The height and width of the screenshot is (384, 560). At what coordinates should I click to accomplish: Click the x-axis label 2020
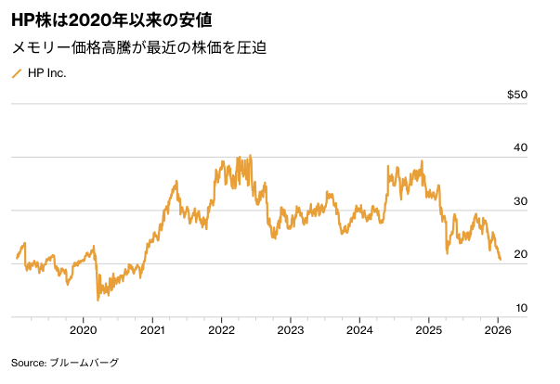(x=84, y=329)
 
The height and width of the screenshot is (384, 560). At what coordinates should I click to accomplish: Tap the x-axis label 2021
(x=152, y=329)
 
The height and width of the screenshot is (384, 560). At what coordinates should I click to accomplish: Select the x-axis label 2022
(x=221, y=329)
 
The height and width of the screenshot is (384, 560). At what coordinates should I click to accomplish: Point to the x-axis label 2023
(x=291, y=329)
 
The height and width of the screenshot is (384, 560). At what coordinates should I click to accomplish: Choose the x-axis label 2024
(x=359, y=329)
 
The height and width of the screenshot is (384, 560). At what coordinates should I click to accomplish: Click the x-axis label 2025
(x=428, y=329)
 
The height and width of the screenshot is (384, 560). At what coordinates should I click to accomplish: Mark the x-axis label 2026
(x=498, y=329)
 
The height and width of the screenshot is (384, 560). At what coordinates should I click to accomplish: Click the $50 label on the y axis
(x=517, y=95)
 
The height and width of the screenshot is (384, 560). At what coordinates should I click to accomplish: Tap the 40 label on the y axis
(x=520, y=148)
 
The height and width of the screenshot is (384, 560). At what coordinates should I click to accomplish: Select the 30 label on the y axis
(x=520, y=201)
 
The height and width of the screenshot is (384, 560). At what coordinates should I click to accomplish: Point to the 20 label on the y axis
(x=520, y=254)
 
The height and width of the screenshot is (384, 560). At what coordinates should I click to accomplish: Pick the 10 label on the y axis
(x=520, y=307)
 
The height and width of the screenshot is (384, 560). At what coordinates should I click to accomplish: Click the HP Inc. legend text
(x=46, y=72)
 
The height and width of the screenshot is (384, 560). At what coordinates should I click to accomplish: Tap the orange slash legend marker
(x=16, y=72)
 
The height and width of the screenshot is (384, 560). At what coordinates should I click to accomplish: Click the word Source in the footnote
(x=28, y=363)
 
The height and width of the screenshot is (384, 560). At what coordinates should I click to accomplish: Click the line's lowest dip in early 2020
(x=98, y=300)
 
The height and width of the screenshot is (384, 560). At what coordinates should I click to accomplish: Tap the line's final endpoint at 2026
(x=501, y=260)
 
